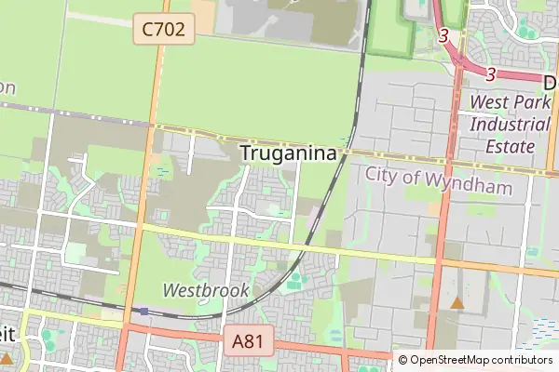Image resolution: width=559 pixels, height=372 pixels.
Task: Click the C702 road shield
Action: click(x=164, y=30)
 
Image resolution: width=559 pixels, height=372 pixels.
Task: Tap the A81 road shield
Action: click(x=248, y=342)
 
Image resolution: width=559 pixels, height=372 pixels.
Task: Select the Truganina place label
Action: click(x=288, y=153)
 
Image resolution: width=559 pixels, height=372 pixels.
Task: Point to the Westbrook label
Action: click(x=206, y=290)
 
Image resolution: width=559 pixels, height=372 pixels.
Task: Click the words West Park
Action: click(x=511, y=101)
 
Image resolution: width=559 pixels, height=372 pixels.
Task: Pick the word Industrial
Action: click(x=511, y=124)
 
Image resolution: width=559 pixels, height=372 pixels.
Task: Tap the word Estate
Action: click(x=511, y=146)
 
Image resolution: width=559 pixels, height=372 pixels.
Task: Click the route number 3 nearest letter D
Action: click(x=490, y=74)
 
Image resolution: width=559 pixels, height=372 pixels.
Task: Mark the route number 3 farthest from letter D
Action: click(x=443, y=36)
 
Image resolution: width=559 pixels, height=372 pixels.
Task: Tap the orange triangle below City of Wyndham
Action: click(x=457, y=303)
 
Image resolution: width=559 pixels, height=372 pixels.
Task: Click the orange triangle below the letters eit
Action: click(x=7, y=357)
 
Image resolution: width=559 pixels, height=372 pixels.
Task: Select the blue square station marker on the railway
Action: click(x=143, y=312)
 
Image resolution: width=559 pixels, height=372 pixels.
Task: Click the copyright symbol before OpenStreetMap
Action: click(x=402, y=360)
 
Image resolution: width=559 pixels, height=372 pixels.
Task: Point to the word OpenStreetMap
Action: click(x=448, y=360)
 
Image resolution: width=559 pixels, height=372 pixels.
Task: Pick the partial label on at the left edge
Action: click(x=7, y=87)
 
